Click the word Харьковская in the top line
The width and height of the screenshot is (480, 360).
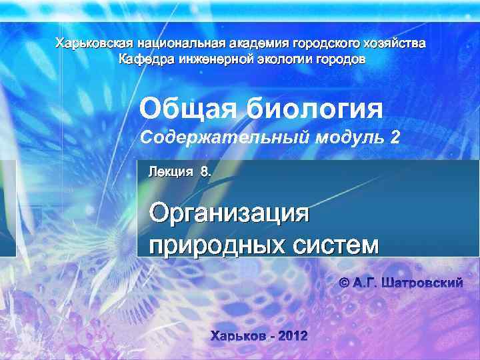pyautogui.click(x=93, y=44)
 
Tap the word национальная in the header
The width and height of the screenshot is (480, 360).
pyautogui.click(x=177, y=44)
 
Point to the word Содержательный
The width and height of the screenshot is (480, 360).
pyautogui.click(x=223, y=138)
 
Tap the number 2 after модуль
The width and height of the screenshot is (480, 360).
pyautogui.click(x=397, y=137)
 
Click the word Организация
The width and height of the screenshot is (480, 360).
pyautogui.click(x=230, y=215)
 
